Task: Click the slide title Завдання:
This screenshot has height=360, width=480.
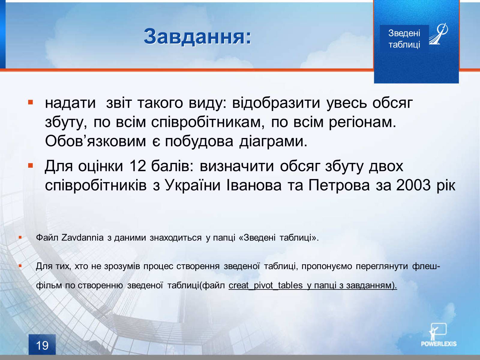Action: pos(198,37)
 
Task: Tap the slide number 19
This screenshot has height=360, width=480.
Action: pos(42,346)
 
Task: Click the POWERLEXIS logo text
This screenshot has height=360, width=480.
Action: pos(439,344)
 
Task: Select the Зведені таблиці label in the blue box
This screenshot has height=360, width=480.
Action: pos(404,39)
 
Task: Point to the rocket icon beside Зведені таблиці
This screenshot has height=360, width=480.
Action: pos(438,34)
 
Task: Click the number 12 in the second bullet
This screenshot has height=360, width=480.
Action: pos(137,166)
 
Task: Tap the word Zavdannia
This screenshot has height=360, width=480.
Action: pos(82,238)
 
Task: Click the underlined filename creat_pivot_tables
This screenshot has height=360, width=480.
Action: pos(265,286)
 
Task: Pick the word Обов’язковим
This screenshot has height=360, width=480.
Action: pos(95,141)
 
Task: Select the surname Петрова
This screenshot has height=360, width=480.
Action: pos(339,185)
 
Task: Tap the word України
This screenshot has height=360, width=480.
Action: pos(192,185)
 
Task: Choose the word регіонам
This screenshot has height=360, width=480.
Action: pos(363,122)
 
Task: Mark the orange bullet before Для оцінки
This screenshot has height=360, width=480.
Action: pos(30,166)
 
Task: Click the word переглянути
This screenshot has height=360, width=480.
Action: pos(382,266)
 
